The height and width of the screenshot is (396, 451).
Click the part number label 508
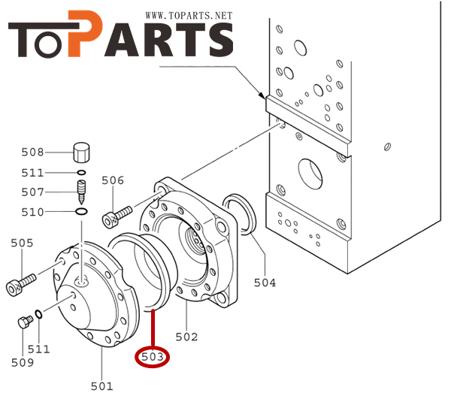coord(32,153)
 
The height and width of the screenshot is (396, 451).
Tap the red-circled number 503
coord(153,357)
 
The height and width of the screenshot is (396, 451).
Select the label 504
coord(265,283)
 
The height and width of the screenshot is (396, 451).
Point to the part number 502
coord(186,337)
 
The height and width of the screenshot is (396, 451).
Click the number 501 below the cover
coord(101,386)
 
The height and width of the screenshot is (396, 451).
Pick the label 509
coord(22,363)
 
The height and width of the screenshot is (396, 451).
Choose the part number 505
coord(22,243)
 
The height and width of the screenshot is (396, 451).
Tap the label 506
coord(113,180)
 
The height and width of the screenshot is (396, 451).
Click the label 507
coord(32,192)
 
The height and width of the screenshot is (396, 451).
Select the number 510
coord(32,212)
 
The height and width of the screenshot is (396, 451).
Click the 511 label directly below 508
coord(32,173)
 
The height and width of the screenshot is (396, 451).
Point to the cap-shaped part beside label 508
coord(80,153)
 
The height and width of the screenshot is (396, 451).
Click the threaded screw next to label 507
coord(80,192)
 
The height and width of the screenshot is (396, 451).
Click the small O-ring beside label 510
coord(80,212)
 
